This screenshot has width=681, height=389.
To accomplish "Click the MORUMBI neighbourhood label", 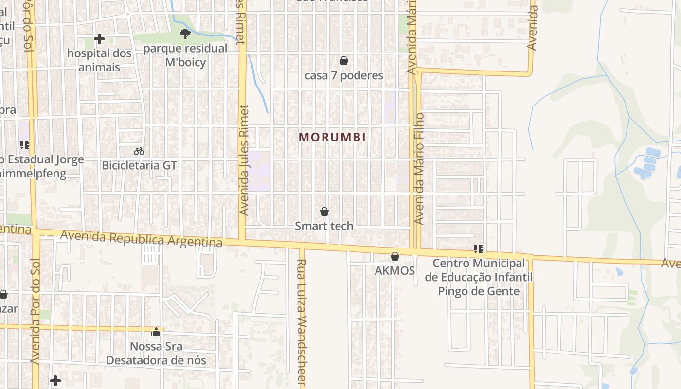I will pyautogui.click(x=332, y=137).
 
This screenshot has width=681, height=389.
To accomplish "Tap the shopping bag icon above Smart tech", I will pyautogui.click(x=324, y=212).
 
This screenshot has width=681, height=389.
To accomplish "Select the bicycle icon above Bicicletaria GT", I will pyautogui.click(x=139, y=151).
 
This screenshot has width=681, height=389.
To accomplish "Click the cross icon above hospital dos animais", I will pyautogui.click(x=99, y=39).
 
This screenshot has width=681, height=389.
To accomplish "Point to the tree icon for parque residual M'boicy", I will pyautogui.click(x=185, y=34).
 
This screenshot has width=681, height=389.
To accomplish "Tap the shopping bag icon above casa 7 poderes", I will pyautogui.click(x=344, y=61).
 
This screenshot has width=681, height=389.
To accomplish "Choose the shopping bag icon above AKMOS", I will pyautogui.click(x=395, y=256).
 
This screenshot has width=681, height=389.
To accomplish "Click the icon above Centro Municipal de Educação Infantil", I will pyautogui.click(x=479, y=249).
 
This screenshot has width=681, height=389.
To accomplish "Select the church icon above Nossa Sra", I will pyautogui.click(x=156, y=332).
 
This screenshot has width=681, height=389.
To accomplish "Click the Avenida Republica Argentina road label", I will pyautogui.click(x=141, y=239).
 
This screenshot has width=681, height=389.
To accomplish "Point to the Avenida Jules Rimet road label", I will pyautogui.click(x=244, y=160).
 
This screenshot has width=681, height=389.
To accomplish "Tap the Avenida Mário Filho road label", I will pyautogui.click(x=419, y=169).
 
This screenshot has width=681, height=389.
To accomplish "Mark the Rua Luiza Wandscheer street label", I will pyautogui.click(x=302, y=323).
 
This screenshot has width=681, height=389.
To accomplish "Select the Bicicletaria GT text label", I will pyautogui.click(x=139, y=165).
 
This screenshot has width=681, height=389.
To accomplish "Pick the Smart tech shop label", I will pyautogui.click(x=324, y=226).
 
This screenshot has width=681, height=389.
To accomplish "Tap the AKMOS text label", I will pyautogui.click(x=395, y=271).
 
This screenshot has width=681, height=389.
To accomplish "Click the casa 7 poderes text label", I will pyautogui.click(x=344, y=75).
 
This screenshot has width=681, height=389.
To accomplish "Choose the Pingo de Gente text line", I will pyautogui.click(x=479, y=291).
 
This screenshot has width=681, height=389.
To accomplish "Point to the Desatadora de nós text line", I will pyautogui.click(x=156, y=360).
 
